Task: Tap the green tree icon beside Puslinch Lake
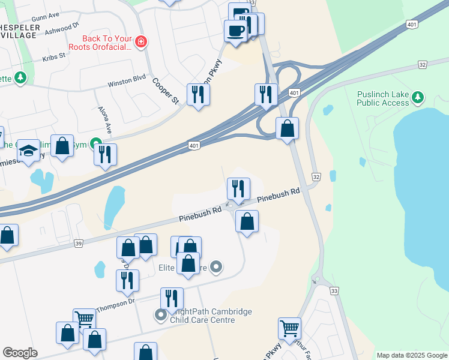tap(418, 97)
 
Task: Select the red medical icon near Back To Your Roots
tap(140, 41)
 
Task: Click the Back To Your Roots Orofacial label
tap(107, 42)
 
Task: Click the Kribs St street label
tap(53, 58)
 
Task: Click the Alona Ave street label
tap(105, 120)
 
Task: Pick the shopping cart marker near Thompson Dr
tap(84, 319)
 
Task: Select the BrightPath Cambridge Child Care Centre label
tap(201, 316)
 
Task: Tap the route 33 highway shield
tap(334, 290)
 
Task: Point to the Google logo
tap(20, 353)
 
